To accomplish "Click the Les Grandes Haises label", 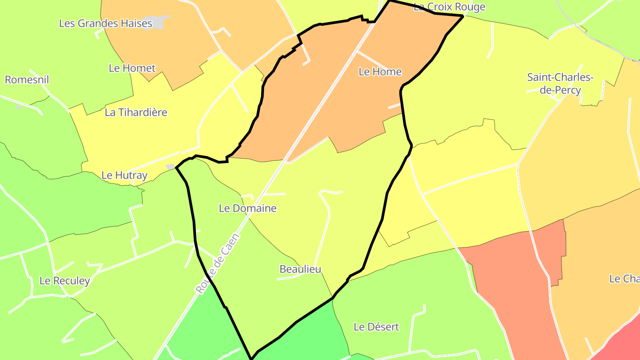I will (x=106, y=24).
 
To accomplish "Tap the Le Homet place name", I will (x=132, y=68).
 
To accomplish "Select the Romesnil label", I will (x=27, y=80).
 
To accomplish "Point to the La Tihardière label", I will (x=136, y=112).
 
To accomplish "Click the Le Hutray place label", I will (x=124, y=176).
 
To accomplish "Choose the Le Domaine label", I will (x=248, y=208).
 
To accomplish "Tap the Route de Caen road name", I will (x=217, y=264).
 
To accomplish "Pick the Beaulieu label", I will (x=300, y=269).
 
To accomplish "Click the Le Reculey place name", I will (x=64, y=281).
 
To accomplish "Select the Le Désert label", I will (x=376, y=327).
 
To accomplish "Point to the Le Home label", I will (x=380, y=72).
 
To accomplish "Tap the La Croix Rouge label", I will (x=449, y=7).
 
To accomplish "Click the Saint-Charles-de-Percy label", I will (x=560, y=84).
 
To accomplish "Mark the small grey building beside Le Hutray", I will (x=170, y=167).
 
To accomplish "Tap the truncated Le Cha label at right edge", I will (x=624, y=279).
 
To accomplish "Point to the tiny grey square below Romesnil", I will (x=18, y=107).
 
